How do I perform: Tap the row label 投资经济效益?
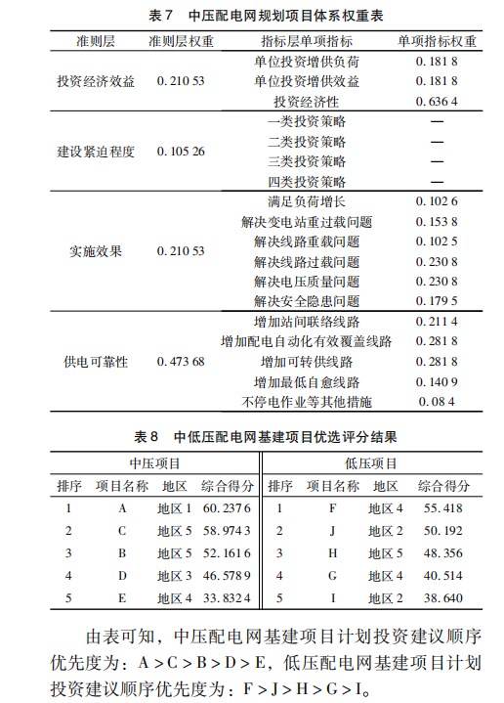(x=96, y=82)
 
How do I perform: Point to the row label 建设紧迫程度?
(x=96, y=152)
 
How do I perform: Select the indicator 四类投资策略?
(x=307, y=182)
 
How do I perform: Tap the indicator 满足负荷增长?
(x=307, y=202)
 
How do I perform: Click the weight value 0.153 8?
(x=436, y=222)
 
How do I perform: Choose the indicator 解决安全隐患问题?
(x=307, y=300)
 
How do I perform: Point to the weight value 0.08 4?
(x=436, y=402)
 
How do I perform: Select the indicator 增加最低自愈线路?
(x=307, y=382)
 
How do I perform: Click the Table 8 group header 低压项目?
(x=371, y=462)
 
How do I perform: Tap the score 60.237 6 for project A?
(x=227, y=508)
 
